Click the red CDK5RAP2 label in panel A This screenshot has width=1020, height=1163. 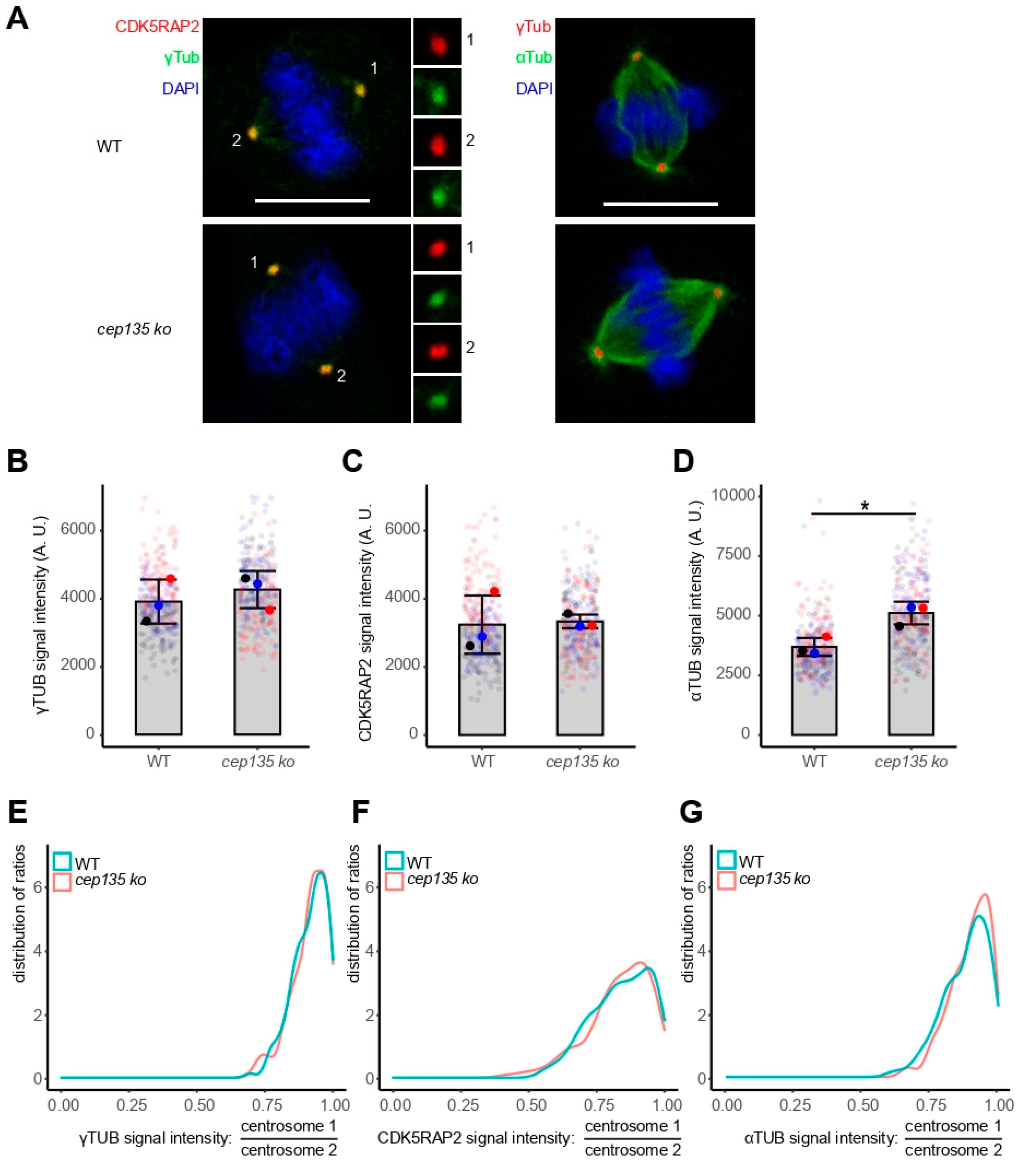(157, 27)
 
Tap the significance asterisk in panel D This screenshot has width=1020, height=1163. (865, 506)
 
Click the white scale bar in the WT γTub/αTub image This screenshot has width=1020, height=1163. (660, 203)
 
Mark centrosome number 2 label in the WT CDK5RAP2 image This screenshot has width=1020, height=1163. (236, 140)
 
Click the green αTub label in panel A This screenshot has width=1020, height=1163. (534, 57)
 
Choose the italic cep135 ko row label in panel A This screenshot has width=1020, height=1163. (134, 329)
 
